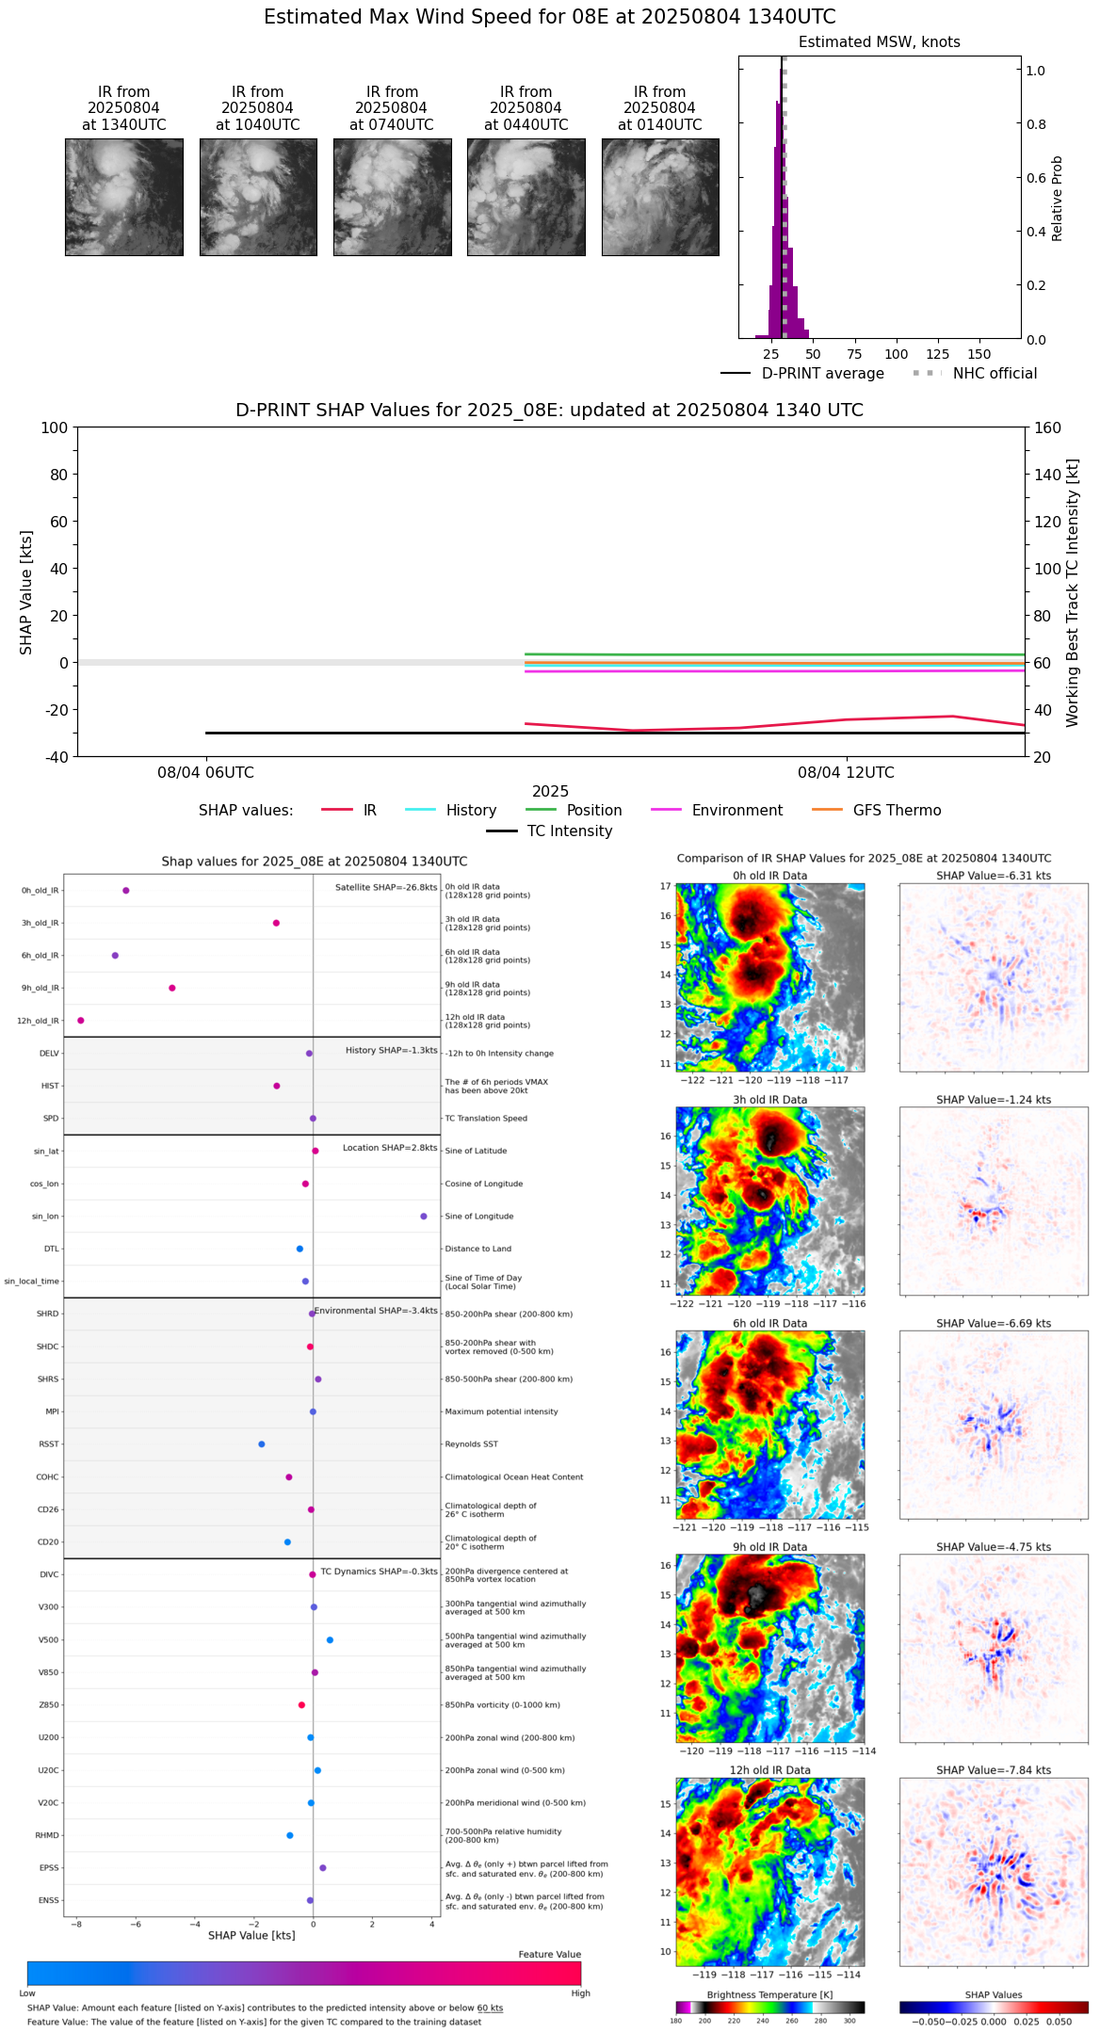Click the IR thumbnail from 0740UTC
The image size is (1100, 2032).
click(x=392, y=197)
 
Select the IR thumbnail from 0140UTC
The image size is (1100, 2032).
click(x=660, y=197)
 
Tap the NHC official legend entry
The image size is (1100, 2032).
click(x=995, y=374)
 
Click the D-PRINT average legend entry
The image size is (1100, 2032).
click(x=822, y=374)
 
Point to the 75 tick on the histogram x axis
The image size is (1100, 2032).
click(x=854, y=355)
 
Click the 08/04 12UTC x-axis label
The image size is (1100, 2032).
click(x=846, y=773)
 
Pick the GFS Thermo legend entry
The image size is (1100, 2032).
click(x=897, y=811)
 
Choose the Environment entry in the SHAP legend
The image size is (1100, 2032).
click(x=736, y=811)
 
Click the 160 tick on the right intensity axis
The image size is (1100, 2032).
click(x=1048, y=427)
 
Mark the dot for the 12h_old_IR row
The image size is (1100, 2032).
click(x=81, y=1021)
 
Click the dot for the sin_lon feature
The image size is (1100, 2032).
click(x=424, y=1217)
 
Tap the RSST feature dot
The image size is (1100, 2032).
click(x=262, y=1444)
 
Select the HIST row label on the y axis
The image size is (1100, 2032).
click(x=50, y=1086)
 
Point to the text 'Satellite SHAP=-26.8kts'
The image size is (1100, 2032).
click(x=386, y=887)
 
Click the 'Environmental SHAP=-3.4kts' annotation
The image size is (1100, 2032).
click(x=376, y=1311)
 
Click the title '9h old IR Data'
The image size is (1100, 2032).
click(x=769, y=1547)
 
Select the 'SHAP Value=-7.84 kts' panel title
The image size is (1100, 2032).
click(x=994, y=1770)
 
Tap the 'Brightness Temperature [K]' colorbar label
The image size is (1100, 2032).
click(x=769, y=1994)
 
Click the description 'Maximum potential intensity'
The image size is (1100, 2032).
click(x=501, y=1411)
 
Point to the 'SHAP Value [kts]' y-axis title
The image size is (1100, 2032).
click(x=26, y=592)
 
